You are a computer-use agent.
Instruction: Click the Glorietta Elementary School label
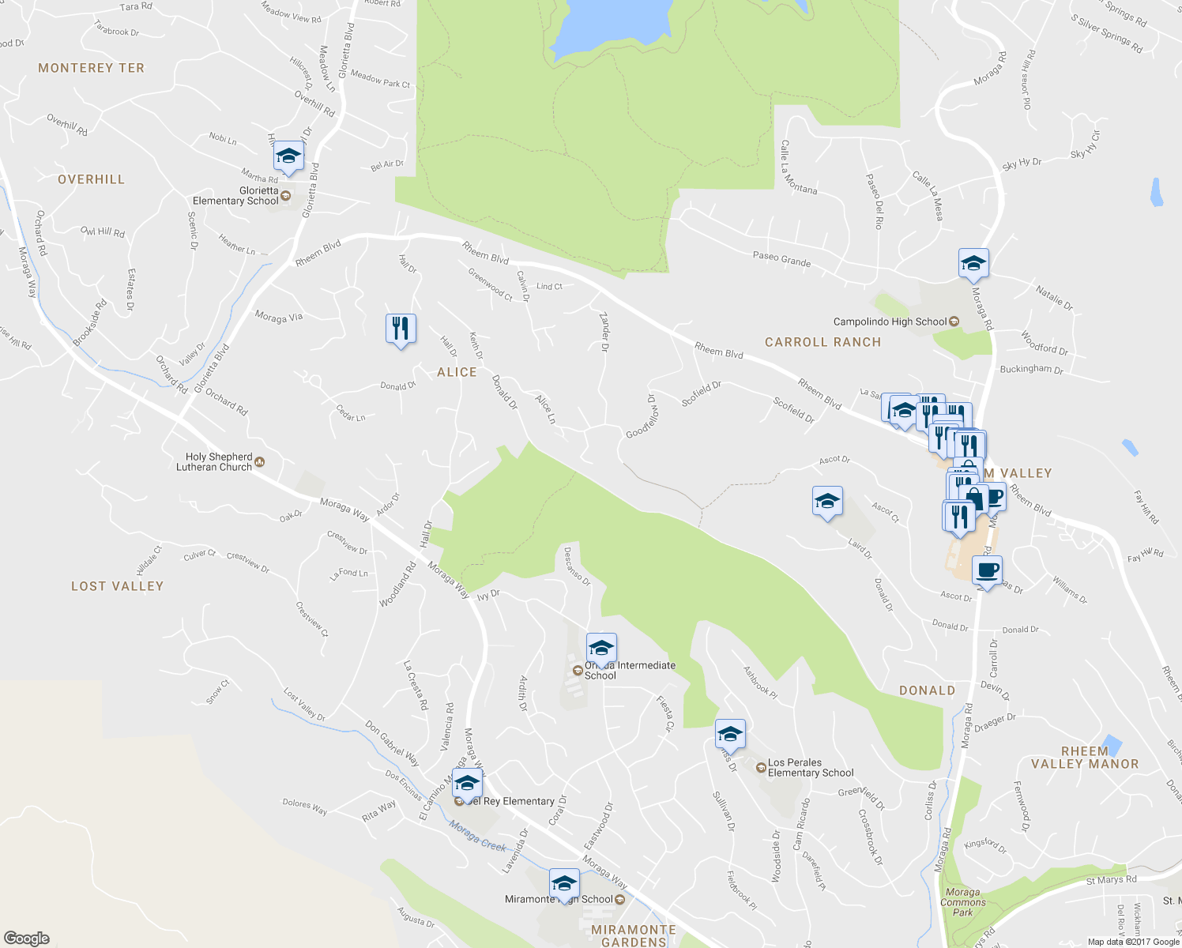pos(235,196)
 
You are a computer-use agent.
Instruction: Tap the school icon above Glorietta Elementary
pos(288,156)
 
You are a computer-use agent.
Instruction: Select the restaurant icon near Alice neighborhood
pos(401,328)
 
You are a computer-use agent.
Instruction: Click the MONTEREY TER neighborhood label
pos(92,68)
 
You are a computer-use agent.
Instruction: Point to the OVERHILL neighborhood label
pos(92,179)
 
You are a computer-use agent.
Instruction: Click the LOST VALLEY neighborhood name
pos(117,586)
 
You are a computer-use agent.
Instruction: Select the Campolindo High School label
pos(890,322)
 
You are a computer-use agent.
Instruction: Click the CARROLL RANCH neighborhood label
pos(823,342)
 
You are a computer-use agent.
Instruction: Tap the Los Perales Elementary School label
pos(811,768)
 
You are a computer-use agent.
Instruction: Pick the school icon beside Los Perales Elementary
pos(730,734)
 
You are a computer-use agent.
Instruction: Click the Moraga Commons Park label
pos(962,902)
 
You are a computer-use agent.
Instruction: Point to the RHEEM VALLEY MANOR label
pos(1085,758)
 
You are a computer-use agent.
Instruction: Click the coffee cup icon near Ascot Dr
pos(987,570)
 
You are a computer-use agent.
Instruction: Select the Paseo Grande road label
pos(781,259)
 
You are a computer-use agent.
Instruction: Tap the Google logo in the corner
pos(26,938)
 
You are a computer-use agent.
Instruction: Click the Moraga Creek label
pos(478,836)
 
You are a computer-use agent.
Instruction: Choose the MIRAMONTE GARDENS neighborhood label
pos(634,935)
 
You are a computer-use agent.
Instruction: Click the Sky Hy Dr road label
pos(1022,164)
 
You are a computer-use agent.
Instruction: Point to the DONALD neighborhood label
pos(927,690)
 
